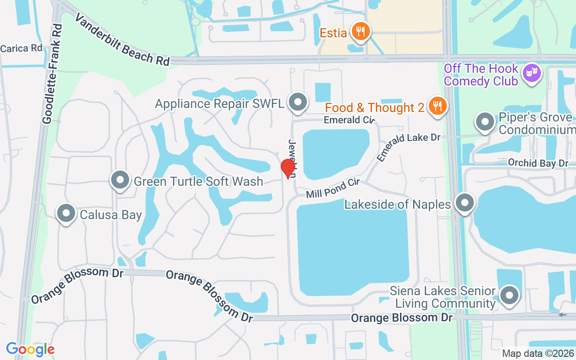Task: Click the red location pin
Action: tap(288, 168)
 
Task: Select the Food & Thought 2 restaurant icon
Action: tap(436, 106)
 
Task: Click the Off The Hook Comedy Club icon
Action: tap(532, 73)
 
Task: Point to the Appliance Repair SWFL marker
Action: tap(297, 102)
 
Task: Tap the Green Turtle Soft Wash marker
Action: tap(120, 180)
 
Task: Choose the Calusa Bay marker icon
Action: tap(66, 214)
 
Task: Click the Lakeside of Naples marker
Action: tap(464, 203)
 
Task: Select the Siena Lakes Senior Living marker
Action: tap(509, 296)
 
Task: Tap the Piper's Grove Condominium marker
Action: tap(485, 122)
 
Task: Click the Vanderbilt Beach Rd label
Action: tap(122, 40)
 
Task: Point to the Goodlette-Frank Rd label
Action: tap(53, 74)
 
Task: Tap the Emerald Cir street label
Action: tap(349, 120)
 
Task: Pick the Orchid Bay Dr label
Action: tap(538, 162)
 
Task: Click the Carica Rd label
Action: tap(21, 48)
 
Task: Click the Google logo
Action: tap(30, 349)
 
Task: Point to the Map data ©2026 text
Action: tap(538, 353)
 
